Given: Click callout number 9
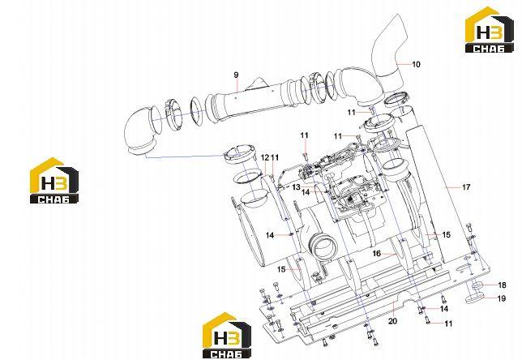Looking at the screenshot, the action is point(236,75).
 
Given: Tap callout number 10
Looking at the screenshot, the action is point(416,64).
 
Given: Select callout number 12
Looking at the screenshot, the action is point(265,157).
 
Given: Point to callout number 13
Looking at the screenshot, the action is point(297,187).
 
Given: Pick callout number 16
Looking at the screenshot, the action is point(377,254).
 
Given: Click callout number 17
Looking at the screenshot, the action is point(466,187).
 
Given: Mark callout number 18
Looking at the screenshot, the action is point(502,285).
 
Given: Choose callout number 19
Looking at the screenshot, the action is point(502,298).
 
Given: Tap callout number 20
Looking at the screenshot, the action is point(393,321).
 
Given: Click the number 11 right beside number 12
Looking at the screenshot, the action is point(275,157).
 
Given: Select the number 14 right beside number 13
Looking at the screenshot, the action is point(306,192).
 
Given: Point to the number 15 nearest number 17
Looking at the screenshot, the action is point(446,235).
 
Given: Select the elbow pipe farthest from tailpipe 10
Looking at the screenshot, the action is point(139,131).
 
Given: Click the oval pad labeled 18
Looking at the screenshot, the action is point(478,285).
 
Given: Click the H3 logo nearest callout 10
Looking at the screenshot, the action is point(489,30).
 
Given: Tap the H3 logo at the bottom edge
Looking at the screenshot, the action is point(227,336).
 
